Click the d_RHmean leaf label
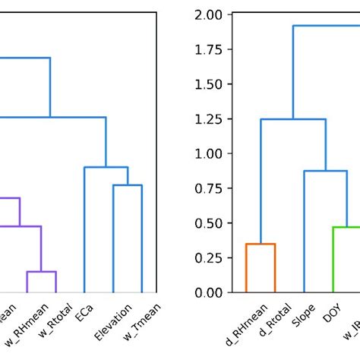[242, 322]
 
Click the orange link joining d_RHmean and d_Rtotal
[261, 244]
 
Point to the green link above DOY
[346, 227]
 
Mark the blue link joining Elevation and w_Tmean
[127, 185]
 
